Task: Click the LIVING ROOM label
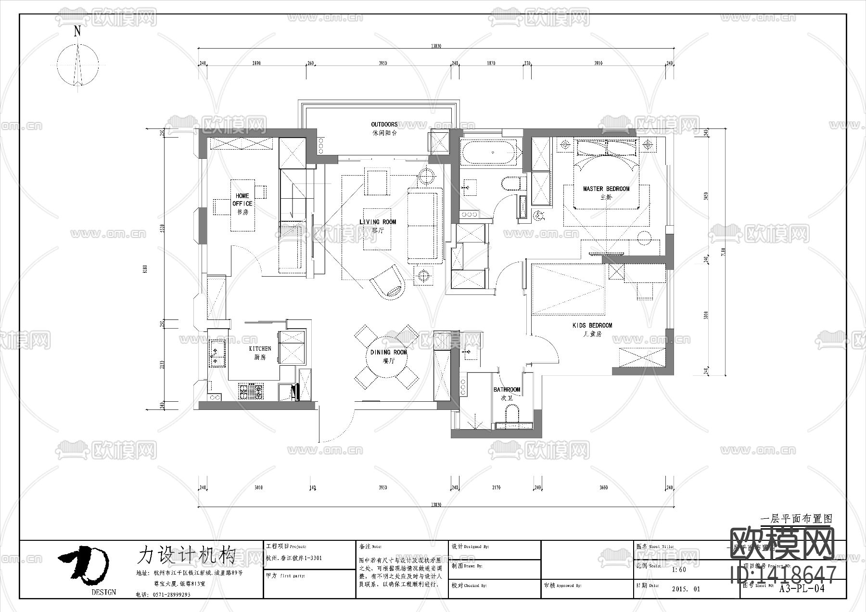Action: click(378, 222)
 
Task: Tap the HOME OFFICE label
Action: click(242, 200)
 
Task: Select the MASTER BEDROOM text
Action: click(606, 189)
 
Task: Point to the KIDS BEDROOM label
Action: click(592, 326)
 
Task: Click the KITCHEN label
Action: click(260, 349)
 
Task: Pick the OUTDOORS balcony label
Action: click(384, 125)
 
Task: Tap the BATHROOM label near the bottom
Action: click(507, 390)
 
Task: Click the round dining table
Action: click(388, 357)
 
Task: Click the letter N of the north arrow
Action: click(77, 32)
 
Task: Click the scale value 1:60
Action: click(679, 570)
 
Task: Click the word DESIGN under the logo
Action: click(104, 592)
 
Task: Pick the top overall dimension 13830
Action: click(435, 46)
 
